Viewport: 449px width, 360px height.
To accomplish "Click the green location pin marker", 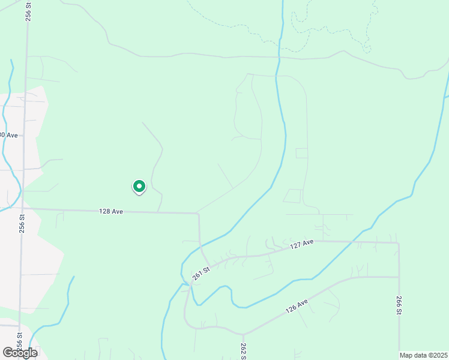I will pyautogui.click(x=139, y=187).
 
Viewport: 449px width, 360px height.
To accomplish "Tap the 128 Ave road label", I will pyautogui.click(x=111, y=211).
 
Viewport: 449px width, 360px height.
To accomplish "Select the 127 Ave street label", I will pyautogui.click(x=302, y=244).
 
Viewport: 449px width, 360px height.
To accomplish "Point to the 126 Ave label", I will pyautogui.click(x=297, y=306).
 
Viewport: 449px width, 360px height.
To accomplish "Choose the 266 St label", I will pyautogui.click(x=399, y=305).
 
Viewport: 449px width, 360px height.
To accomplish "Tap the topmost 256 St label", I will pyautogui.click(x=28, y=11).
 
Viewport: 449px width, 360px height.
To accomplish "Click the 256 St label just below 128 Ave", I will pyautogui.click(x=22, y=224).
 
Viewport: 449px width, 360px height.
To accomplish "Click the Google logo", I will pyautogui.click(x=20, y=352).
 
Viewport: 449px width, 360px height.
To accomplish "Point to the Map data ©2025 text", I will pyautogui.click(x=423, y=355).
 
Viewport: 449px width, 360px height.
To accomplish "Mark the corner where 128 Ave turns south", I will pyautogui.click(x=199, y=213).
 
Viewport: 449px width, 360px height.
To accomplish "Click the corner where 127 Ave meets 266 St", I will pyautogui.click(x=399, y=243).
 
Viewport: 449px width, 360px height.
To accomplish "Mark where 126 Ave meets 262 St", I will pyautogui.click(x=243, y=334).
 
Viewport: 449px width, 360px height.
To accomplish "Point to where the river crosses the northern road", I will pyautogui.click(x=278, y=58).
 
